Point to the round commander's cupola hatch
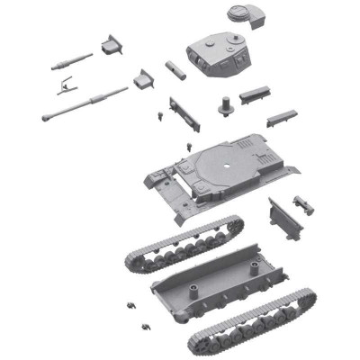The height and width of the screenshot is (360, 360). click(238, 13)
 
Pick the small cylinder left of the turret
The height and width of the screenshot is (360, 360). click(175, 69)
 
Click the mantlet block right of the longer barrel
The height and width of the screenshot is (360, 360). click(143, 79)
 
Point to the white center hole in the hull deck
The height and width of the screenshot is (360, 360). click(228, 168)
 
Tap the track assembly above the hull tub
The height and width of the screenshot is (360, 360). click(184, 243)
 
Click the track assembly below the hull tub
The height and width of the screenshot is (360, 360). click(252, 321)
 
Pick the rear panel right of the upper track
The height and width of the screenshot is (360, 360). click(284, 218)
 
